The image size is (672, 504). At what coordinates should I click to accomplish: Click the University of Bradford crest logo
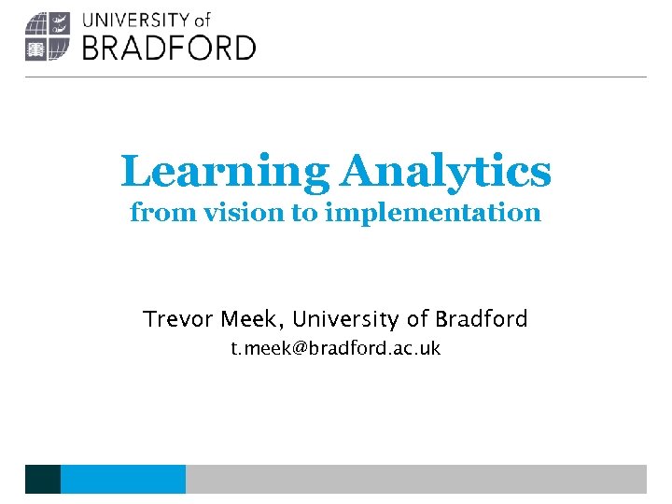[x=48, y=37]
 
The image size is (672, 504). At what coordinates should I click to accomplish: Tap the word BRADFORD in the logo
[x=169, y=48]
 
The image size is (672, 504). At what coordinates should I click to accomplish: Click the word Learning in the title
[x=225, y=172]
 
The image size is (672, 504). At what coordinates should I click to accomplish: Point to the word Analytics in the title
[x=446, y=172]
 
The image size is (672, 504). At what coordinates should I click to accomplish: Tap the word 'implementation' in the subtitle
[x=433, y=213]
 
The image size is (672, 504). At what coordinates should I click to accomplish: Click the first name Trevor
[x=178, y=319]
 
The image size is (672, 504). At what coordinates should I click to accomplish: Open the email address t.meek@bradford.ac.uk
[x=336, y=349]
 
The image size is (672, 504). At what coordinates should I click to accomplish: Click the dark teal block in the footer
[x=43, y=479]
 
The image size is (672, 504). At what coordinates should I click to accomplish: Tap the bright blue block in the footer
[x=122, y=479]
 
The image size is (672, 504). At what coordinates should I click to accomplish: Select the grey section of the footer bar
[x=415, y=479]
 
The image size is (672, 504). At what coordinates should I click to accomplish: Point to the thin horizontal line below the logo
[x=336, y=77]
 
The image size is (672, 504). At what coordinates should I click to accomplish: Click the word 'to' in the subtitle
[x=304, y=213]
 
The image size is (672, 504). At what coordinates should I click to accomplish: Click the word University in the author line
[x=346, y=319]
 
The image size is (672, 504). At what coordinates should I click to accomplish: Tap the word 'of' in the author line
[x=417, y=319]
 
